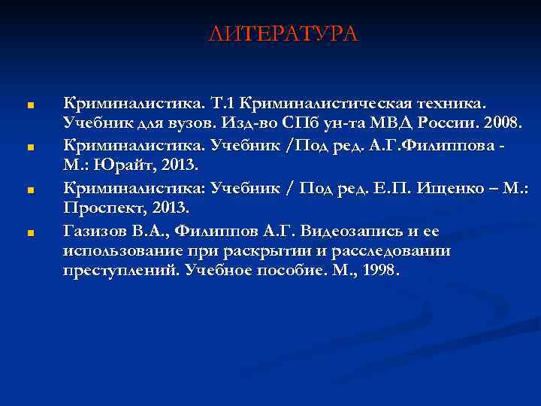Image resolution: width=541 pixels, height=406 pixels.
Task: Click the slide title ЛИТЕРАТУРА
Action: click(x=284, y=34)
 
